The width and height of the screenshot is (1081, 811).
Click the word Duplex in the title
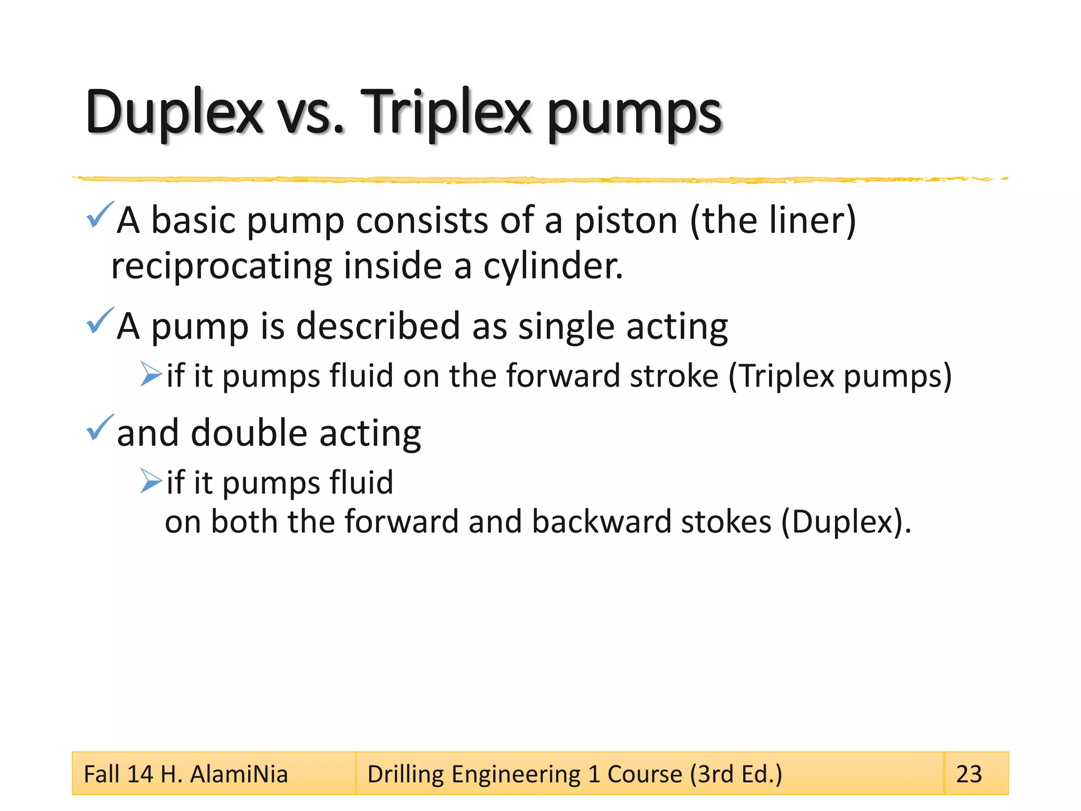(x=174, y=112)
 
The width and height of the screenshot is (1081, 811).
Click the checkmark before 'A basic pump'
(x=99, y=215)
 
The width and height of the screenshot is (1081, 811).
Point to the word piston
(x=625, y=220)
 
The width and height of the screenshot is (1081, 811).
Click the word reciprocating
(x=222, y=266)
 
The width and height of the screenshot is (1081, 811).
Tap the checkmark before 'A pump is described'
(x=99, y=321)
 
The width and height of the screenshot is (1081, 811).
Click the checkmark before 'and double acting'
(x=99, y=428)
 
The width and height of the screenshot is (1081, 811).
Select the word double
(x=249, y=433)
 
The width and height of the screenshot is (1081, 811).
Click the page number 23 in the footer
(x=969, y=774)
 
